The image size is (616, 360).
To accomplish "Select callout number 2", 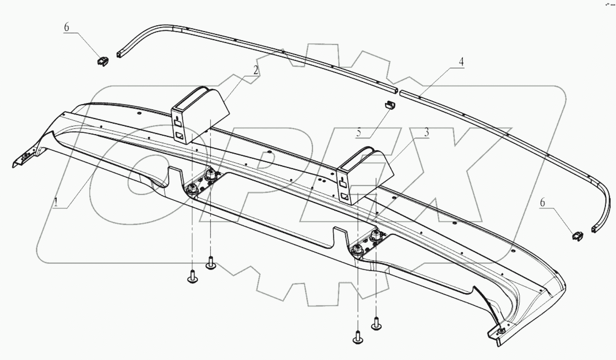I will coord(256,70).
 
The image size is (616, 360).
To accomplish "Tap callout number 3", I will coord(426,132).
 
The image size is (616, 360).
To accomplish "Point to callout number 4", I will coord(461,62).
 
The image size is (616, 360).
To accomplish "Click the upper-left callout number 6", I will coord(66,27).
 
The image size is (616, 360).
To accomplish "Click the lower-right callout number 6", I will coord(542,203).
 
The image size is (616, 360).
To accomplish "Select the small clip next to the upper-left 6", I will coord(103,62).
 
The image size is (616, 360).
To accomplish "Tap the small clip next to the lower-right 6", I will coord(576,236).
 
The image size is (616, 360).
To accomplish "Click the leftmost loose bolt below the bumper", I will coord(192,277).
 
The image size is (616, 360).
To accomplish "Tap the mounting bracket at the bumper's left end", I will coord(23,158).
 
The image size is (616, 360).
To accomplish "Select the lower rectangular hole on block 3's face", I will coord(344,196).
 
